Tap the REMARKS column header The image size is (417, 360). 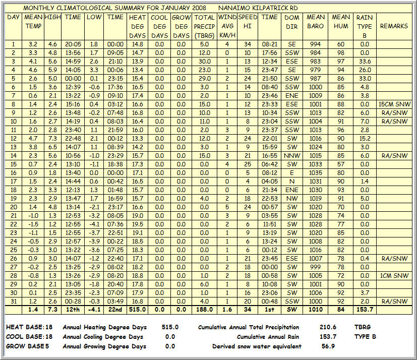click(394, 26)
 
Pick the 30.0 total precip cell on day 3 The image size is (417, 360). click(204, 62)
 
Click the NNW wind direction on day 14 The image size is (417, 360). click(291, 156)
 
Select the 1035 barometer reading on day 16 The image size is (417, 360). click(316, 173)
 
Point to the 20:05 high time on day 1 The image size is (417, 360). click(73, 44)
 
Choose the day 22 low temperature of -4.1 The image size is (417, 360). click(94, 224)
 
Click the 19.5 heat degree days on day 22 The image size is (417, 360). click(137, 224)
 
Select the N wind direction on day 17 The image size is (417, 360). click(291, 182)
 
